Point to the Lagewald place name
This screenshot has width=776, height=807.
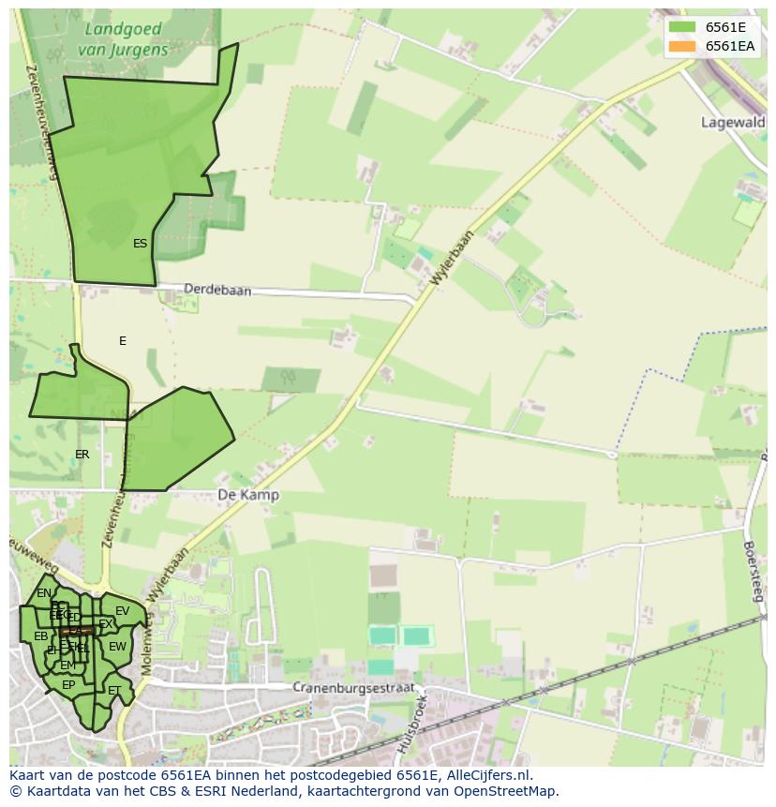(733, 122)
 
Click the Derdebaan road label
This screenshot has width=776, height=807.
(217, 291)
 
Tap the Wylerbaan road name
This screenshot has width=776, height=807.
(454, 257)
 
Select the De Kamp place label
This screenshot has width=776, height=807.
(247, 495)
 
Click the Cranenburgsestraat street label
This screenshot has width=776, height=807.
(352, 687)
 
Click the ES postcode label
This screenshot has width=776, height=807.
(140, 244)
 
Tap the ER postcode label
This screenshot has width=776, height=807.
(82, 455)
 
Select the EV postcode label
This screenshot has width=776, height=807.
(122, 611)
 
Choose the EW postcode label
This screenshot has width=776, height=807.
(117, 647)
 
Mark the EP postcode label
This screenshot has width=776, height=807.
(68, 685)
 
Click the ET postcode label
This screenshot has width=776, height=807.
(114, 691)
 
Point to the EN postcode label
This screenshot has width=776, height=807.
(44, 593)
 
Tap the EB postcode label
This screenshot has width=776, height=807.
(40, 636)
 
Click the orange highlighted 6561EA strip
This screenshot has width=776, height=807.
(78, 631)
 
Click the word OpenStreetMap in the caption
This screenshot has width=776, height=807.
(505, 791)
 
